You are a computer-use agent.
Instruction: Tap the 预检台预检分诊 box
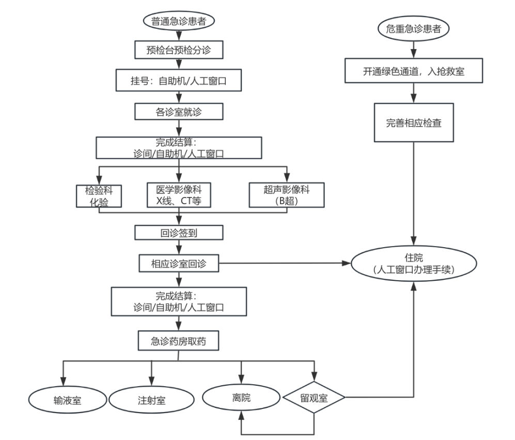pos(178,51)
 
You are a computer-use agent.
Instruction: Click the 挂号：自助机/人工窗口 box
pos(178,81)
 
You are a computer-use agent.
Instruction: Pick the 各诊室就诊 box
pos(178,111)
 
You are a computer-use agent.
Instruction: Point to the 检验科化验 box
pos(99,195)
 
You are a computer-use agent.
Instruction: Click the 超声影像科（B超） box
pos(287,195)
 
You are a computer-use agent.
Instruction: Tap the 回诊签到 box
pos(178,233)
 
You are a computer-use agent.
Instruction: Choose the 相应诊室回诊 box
pos(178,263)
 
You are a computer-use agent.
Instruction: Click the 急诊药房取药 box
pos(178,341)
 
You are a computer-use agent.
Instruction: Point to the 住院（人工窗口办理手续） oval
pos(413,264)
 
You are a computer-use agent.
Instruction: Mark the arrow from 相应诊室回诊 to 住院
pos(284,263)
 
